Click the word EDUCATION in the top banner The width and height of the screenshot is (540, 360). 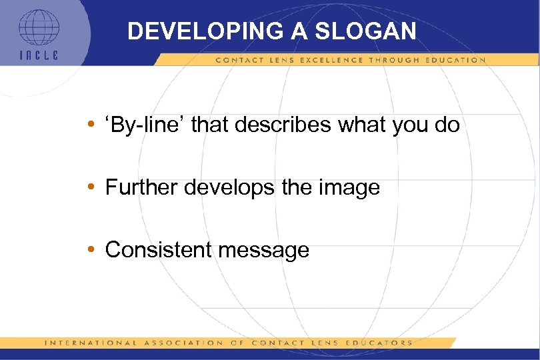pyautogui.click(x=455, y=60)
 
